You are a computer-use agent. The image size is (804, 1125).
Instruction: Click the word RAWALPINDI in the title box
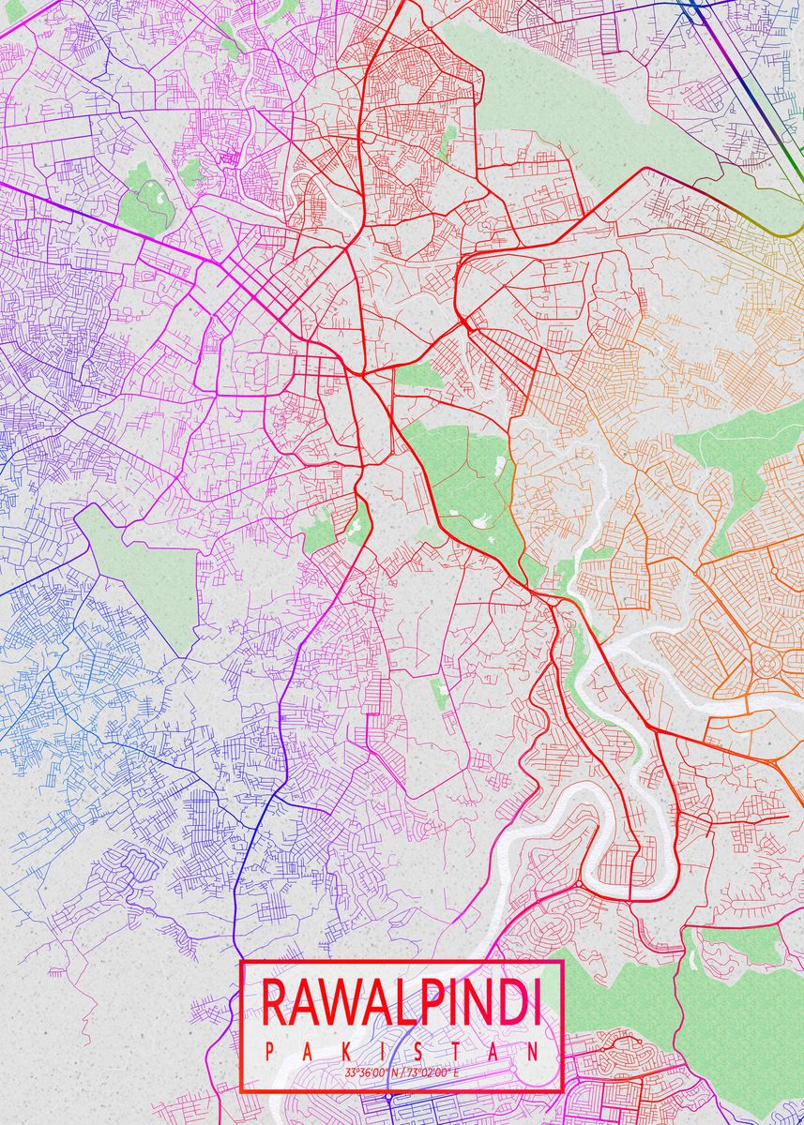pos(402,1002)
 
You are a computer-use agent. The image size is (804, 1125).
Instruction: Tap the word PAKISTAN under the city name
pos(402,1052)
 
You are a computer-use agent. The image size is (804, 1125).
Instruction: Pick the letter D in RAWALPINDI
pos(503,1002)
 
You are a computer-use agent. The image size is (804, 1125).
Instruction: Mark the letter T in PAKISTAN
pos(457,1052)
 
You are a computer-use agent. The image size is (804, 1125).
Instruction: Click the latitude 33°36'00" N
pos(372,1072)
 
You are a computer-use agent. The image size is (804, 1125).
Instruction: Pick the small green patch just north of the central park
pos(417,376)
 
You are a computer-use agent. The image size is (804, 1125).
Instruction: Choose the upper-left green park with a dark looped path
pos(145,202)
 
